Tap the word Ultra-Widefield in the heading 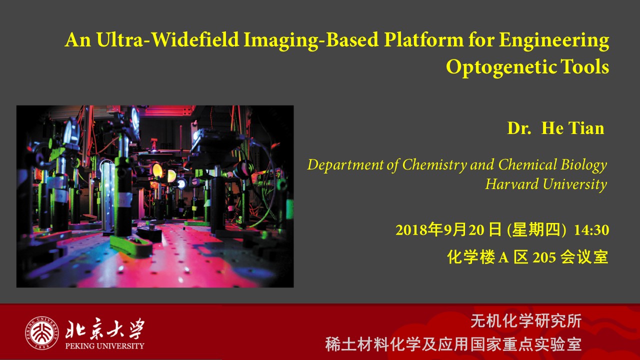point(167,39)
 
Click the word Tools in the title point(585,66)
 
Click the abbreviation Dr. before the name point(519,128)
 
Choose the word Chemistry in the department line point(434,165)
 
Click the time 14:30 point(591,230)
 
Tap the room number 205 point(544,257)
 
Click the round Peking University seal point(42,333)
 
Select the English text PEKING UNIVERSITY point(104,346)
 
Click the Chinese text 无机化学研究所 point(526,321)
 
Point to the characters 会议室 point(584,257)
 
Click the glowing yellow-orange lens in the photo point(157,170)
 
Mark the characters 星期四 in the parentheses point(536,230)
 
